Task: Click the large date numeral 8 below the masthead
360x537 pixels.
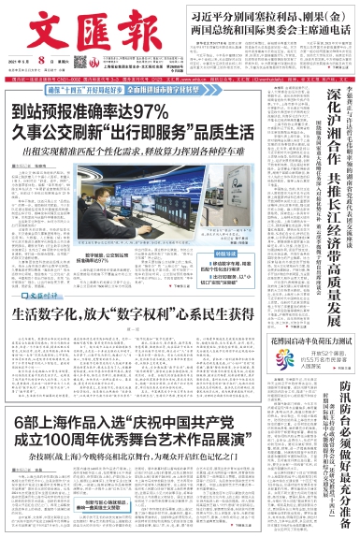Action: [43, 59]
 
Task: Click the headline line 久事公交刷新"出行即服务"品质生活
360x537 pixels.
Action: [134, 131]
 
